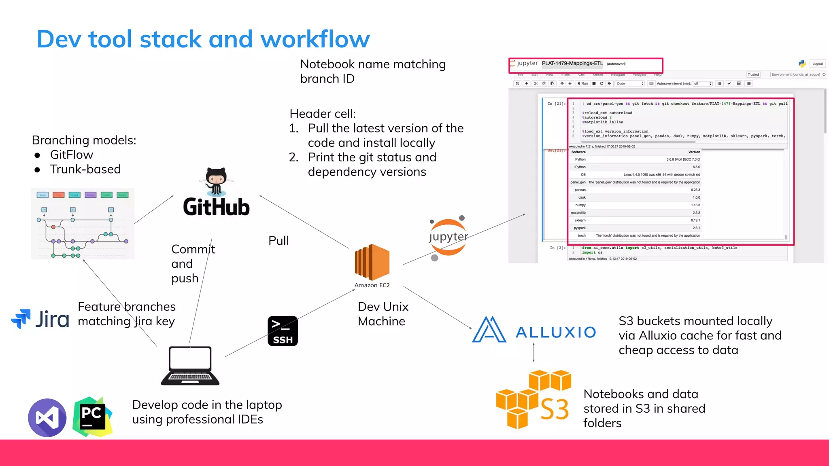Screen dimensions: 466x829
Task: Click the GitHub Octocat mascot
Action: coord(216,181)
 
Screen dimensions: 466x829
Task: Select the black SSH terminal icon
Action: coord(283,331)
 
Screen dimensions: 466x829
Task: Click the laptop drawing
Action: coord(190,366)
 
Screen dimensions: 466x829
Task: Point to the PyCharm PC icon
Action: coord(92,417)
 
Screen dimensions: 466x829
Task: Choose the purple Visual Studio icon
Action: coord(47,417)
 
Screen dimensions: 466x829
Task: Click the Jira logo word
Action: coord(52,320)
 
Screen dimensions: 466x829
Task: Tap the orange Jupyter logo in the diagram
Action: coord(448,237)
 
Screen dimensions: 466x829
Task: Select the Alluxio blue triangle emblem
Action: coord(489,330)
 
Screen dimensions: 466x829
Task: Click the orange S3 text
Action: coord(554,409)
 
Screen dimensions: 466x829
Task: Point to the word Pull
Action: coord(278,241)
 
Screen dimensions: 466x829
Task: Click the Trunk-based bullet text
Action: coord(85,169)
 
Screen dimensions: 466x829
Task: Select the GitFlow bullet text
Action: coord(71,155)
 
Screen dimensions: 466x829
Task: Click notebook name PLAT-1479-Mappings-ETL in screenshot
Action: coord(572,64)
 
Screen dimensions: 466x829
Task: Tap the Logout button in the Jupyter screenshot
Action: coord(817,64)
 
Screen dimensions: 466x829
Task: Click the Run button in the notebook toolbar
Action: coord(582,83)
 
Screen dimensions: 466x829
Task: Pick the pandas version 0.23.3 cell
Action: coord(695,190)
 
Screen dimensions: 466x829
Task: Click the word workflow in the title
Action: coord(315,39)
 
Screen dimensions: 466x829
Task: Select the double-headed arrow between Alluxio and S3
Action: coord(534,352)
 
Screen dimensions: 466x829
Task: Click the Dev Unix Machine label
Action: coord(383,314)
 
